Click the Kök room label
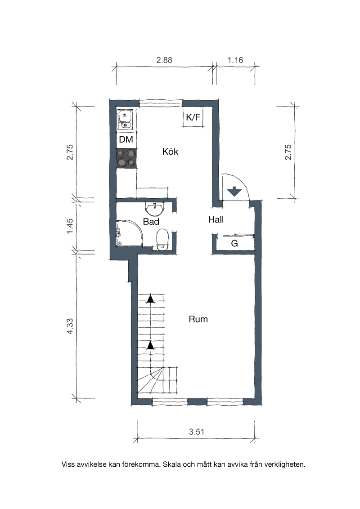(x=170, y=152)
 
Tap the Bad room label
(x=151, y=222)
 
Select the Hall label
(x=216, y=220)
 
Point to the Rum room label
(x=198, y=319)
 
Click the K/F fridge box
(x=193, y=117)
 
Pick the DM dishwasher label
(x=126, y=139)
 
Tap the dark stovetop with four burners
(x=126, y=158)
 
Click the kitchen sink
(x=126, y=120)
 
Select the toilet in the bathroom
(x=162, y=240)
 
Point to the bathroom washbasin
(x=155, y=208)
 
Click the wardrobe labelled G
(x=234, y=243)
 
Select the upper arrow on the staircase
(x=150, y=299)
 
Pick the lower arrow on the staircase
(x=150, y=345)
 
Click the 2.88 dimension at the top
(x=164, y=60)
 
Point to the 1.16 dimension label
(x=235, y=60)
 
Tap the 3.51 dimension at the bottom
(x=197, y=432)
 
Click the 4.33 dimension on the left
(x=70, y=326)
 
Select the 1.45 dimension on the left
(x=70, y=226)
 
